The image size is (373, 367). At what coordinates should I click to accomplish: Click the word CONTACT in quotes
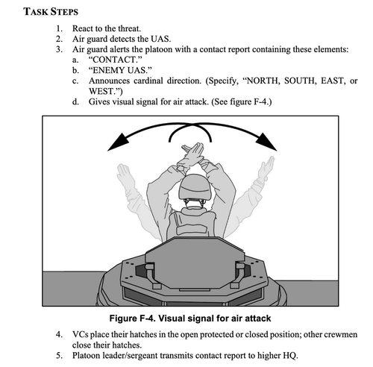115,60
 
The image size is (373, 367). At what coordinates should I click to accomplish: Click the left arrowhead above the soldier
118,142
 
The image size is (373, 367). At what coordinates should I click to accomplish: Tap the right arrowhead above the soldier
266,142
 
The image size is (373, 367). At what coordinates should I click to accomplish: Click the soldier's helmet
195,188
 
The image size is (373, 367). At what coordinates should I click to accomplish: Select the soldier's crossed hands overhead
192,154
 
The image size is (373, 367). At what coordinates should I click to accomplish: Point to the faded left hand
124,173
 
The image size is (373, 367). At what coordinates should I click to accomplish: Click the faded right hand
266,166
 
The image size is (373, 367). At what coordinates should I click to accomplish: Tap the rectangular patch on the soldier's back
192,230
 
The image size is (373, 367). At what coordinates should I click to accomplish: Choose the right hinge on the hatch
237,275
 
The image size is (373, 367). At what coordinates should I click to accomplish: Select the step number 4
59,334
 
